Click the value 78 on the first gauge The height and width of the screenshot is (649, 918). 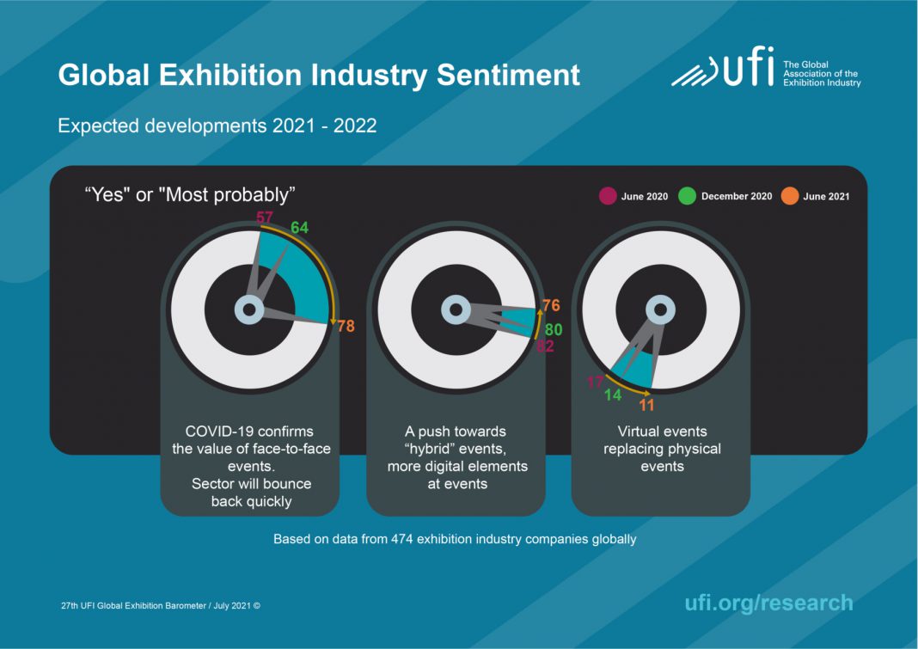tap(346, 327)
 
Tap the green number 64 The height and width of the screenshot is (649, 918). tap(299, 227)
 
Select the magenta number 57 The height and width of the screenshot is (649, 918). tap(266, 217)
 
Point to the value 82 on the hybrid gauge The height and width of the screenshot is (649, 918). tap(545, 346)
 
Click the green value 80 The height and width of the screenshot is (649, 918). tap(553, 328)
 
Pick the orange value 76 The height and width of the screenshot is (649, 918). tap(551, 306)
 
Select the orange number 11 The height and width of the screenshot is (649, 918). tap(646, 405)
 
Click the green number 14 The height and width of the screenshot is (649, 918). tap(613, 395)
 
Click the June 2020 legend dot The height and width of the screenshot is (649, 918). tap(607, 197)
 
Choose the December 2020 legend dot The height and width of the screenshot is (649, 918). tap(687, 197)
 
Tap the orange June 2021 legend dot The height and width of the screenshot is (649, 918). tap(789, 197)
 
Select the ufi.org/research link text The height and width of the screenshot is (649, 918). tap(768, 603)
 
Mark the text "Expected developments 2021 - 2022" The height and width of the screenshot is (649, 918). tap(217, 126)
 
